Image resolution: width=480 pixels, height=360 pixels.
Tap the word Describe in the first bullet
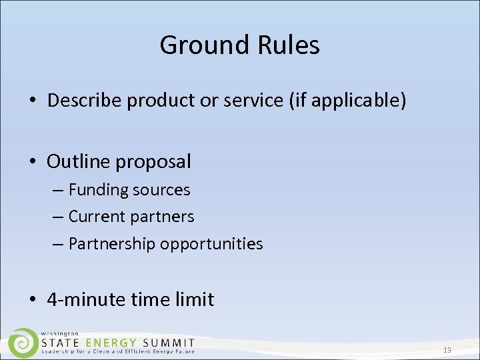85,100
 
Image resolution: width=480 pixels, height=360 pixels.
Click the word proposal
156,162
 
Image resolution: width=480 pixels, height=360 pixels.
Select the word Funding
98,190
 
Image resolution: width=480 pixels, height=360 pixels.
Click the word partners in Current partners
162,217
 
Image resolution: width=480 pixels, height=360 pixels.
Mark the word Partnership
111,244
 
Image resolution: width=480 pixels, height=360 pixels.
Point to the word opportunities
211,245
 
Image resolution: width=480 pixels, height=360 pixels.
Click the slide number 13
447,350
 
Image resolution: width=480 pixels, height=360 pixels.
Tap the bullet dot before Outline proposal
33,162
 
